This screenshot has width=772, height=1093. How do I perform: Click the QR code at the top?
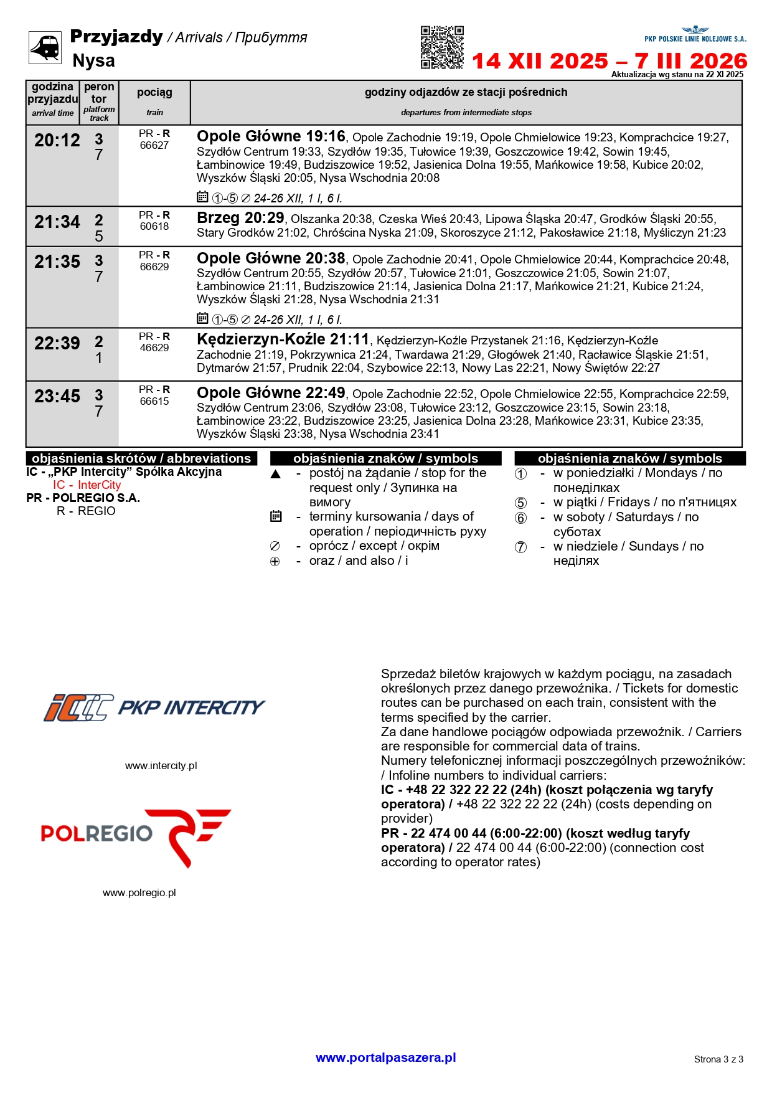[442, 47]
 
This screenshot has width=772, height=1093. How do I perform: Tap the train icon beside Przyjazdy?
[45, 47]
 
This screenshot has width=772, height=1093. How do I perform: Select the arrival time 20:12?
[57, 141]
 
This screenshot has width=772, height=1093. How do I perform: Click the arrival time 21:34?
[57, 222]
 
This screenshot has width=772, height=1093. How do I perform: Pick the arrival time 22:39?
[57, 344]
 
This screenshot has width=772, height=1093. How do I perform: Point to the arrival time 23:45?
[57, 397]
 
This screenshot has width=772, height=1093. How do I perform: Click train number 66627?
[154, 146]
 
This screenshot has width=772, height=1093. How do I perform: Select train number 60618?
[154, 227]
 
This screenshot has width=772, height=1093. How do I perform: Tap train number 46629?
[154, 348]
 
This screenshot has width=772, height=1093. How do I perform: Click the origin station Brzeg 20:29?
[240, 218]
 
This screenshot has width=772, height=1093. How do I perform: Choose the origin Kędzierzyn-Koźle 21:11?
[283, 339]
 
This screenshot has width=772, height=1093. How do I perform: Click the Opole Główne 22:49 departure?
[271, 393]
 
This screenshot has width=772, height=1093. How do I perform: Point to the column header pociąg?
[154, 93]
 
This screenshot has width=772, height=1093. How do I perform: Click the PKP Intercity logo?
[154, 707]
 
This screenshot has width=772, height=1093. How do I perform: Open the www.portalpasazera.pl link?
[386, 1058]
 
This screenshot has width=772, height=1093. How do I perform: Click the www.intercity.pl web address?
[161, 765]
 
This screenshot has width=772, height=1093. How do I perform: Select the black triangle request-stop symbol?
[276, 474]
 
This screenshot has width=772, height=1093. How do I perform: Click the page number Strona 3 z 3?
[718, 1059]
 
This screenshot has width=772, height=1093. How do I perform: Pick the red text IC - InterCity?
[87, 485]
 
